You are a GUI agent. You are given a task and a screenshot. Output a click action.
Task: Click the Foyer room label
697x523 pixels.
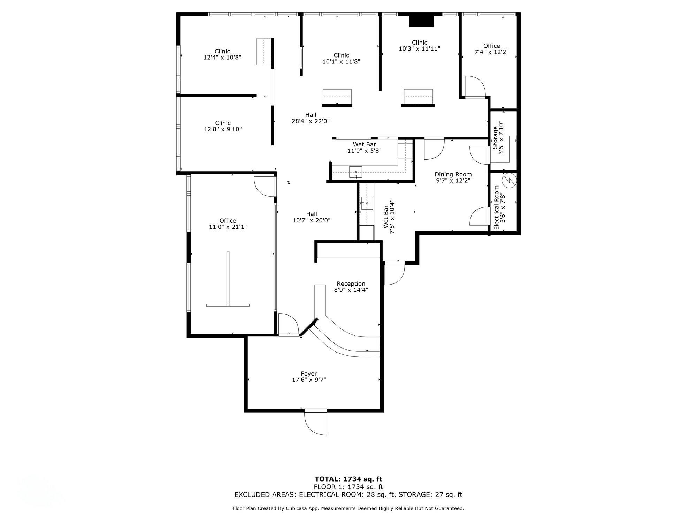pos(309,374)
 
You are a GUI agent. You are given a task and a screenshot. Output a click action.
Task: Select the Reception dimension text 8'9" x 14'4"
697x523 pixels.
pos(351,290)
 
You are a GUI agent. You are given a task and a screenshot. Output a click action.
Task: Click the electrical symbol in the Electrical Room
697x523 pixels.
pos(509,180)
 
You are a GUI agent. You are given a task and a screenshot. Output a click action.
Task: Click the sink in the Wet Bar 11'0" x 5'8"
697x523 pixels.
pos(355,172)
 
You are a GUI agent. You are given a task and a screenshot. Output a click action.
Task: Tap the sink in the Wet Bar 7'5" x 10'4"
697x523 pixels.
pos(367,203)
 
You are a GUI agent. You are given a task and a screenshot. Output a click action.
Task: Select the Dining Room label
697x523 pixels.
pos(453,174)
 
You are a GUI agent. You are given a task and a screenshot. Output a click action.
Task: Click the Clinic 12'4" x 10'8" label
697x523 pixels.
pos(222,51)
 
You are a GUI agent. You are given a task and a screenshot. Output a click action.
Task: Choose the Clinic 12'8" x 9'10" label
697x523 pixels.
pos(223,123)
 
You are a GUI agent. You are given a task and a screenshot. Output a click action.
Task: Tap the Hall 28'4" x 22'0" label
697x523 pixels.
pos(311,115)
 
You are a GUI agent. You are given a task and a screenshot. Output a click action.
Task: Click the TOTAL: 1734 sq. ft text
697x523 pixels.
pos(348,479)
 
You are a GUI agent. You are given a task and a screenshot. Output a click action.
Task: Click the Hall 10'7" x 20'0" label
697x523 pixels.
pos(312,214)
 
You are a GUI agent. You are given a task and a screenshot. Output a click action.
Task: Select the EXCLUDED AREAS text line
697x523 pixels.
pos(348,494)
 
